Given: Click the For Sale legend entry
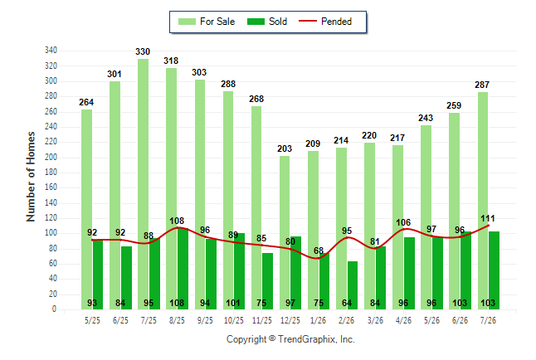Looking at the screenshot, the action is [x=207, y=22].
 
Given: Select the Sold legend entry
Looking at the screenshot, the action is [x=267, y=22].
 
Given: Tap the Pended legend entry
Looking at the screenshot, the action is [x=325, y=22].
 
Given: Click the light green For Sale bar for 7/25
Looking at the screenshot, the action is [x=143, y=184].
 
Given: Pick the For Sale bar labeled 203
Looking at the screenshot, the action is [x=285, y=233].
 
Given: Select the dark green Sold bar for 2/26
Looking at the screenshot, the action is [x=353, y=285].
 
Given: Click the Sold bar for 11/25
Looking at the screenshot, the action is [x=268, y=281].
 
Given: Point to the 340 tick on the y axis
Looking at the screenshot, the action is [x=51, y=51].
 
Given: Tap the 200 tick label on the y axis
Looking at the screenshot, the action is [x=51, y=158].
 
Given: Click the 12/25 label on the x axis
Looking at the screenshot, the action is [x=290, y=320].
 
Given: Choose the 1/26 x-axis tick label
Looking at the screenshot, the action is [x=318, y=320].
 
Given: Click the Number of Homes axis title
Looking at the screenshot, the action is [x=31, y=177].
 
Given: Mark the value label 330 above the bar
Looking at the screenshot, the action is [x=143, y=51].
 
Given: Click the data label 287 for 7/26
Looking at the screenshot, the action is [x=482, y=85].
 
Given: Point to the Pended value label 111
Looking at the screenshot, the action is [x=487, y=218].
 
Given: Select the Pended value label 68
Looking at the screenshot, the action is [x=319, y=251].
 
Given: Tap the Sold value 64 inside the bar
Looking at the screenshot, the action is [x=347, y=303].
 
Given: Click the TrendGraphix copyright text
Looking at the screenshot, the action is [x=290, y=339].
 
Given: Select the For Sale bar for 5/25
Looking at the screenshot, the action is [x=86, y=210].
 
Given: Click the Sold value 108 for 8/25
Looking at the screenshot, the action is [x=177, y=303].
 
